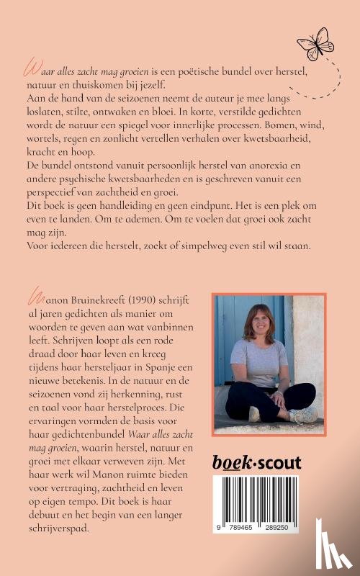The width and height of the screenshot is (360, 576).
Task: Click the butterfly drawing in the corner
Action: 315,43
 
